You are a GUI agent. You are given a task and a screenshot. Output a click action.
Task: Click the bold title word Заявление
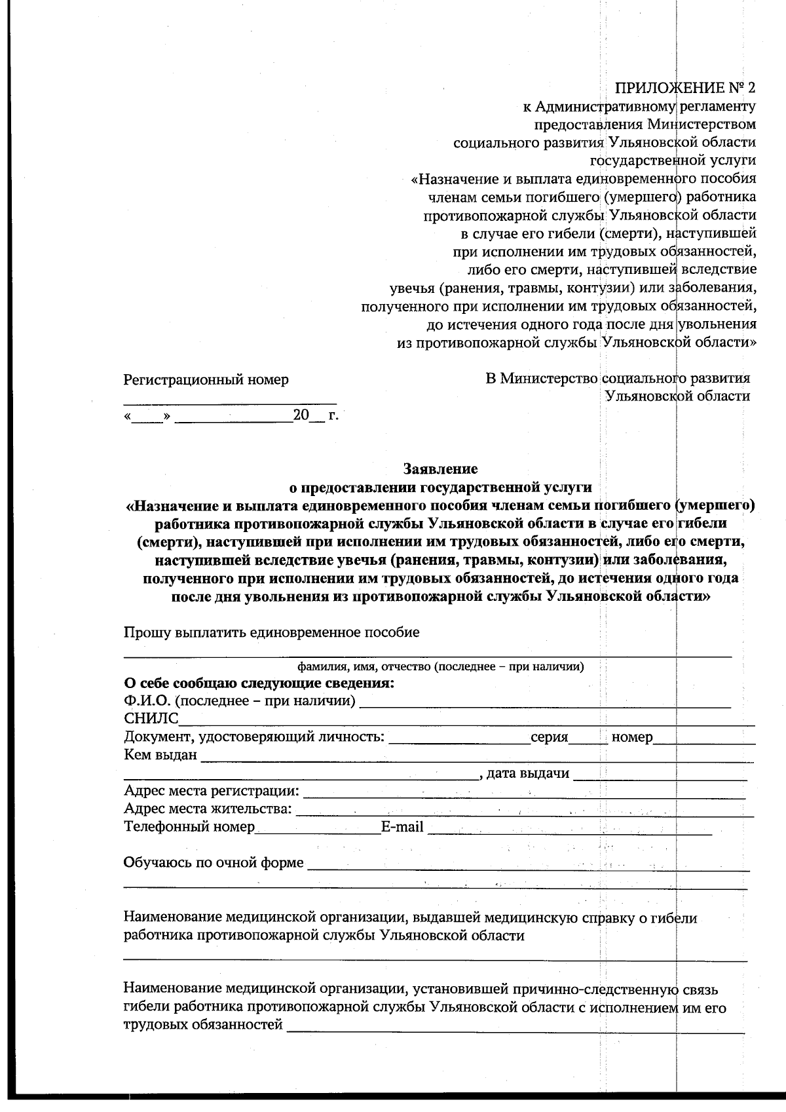pos(440,469)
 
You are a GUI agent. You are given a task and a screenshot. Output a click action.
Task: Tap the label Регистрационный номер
pos(206,379)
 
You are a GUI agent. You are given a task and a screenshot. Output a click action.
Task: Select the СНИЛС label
pos(151,719)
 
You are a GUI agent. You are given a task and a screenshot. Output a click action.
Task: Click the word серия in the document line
pos(549,737)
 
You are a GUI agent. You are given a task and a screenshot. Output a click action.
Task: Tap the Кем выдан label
pos(160,755)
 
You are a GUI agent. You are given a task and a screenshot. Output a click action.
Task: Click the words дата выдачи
pos(528,773)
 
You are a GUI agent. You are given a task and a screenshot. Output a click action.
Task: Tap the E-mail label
pos(402,826)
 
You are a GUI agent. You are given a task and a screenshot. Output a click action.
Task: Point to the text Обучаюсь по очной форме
pos(214,862)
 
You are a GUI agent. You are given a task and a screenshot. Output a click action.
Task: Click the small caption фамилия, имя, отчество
pos(441,667)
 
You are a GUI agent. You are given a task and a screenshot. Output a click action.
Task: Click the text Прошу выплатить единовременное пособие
pos(271,632)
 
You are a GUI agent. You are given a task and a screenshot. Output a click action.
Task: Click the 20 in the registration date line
pos(301,415)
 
